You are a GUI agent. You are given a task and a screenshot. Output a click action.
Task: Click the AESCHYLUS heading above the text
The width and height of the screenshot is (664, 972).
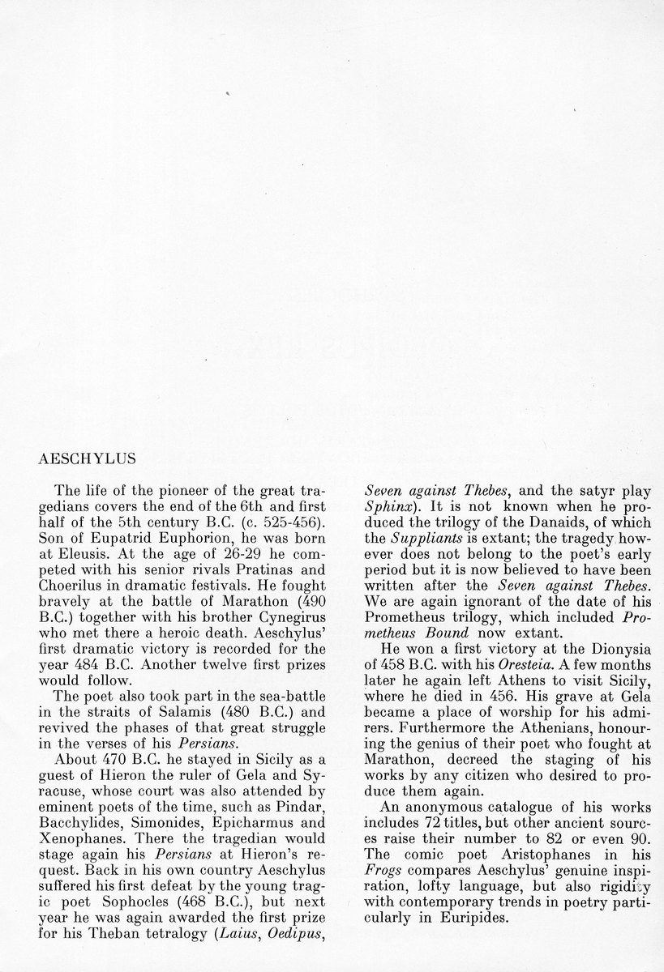[87, 458]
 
